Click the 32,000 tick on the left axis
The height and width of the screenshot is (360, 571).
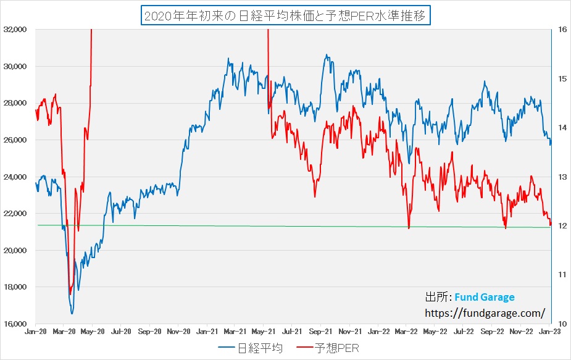coord(15,29)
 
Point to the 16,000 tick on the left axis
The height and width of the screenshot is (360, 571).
coord(15,324)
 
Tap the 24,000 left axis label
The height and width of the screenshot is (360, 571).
coord(15,177)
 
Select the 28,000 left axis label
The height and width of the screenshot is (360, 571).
coord(15,103)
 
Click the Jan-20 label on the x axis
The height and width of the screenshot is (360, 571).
coord(35,332)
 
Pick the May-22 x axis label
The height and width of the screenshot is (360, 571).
coord(435,332)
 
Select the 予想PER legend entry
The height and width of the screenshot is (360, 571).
coord(328,348)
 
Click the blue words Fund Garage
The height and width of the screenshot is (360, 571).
coord(485,297)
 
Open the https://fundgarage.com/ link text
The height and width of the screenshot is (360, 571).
coord(485,312)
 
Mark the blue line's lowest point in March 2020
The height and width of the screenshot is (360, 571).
coord(72,314)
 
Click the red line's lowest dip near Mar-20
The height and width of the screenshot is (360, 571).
coord(70,294)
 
